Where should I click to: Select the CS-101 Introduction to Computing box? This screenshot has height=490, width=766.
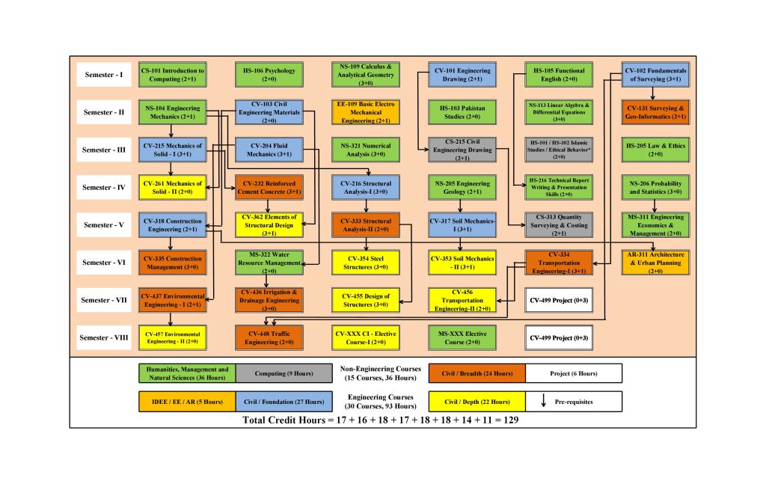pyautogui.click(x=173, y=75)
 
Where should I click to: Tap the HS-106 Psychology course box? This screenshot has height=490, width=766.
pyautogui.click(x=269, y=75)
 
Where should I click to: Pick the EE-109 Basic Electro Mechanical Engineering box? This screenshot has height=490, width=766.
pyautogui.click(x=366, y=112)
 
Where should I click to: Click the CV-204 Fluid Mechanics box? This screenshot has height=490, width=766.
pyautogui.click(x=269, y=150)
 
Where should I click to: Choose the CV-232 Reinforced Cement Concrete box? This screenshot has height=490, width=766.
pyautogui.click(x=269, y=187)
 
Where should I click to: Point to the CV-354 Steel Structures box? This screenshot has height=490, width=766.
pyautogui.click(x=366, y=262)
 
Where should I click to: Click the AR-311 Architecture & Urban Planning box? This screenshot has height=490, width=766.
pyautogui.click(x=655, y=262)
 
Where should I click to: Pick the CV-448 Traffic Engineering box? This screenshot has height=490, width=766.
pyautogui.click(x=269, y=337)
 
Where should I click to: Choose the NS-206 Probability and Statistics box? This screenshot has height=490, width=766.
pyautogui.click(x=655, y=187)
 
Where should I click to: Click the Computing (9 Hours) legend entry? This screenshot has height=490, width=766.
pyautogui.click(x=284, y=373)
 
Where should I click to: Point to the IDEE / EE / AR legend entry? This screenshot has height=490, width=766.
pyautogui.click(x=187, y=402)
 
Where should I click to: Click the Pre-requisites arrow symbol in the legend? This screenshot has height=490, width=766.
pyautogui.click(x=542, y=402)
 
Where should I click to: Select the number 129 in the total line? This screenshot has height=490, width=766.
pyautogui.click(x=509, y=420)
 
